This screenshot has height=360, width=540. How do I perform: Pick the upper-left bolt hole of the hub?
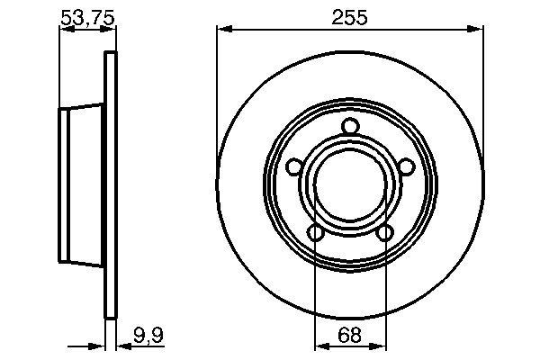point(293,166)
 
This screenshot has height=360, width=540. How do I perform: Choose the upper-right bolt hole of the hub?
point(407,166)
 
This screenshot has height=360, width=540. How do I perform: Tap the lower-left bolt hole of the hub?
point(315,234)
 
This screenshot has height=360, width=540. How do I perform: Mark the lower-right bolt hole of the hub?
point(385,234)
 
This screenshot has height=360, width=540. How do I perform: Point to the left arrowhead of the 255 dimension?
point(222,30)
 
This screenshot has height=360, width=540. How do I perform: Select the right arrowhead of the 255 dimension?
point(478,30)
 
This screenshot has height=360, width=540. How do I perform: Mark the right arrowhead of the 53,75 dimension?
point(111,30)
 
